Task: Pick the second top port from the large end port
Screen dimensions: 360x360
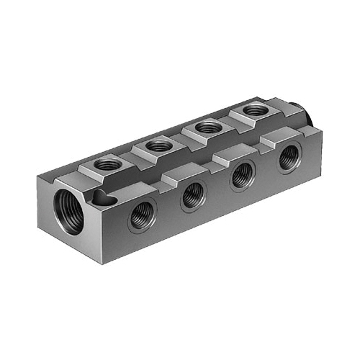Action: [158, 145]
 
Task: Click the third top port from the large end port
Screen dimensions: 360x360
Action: [208, 127]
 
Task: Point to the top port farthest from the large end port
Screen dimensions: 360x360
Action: [255, 109]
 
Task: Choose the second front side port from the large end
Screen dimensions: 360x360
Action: [193, 194]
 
